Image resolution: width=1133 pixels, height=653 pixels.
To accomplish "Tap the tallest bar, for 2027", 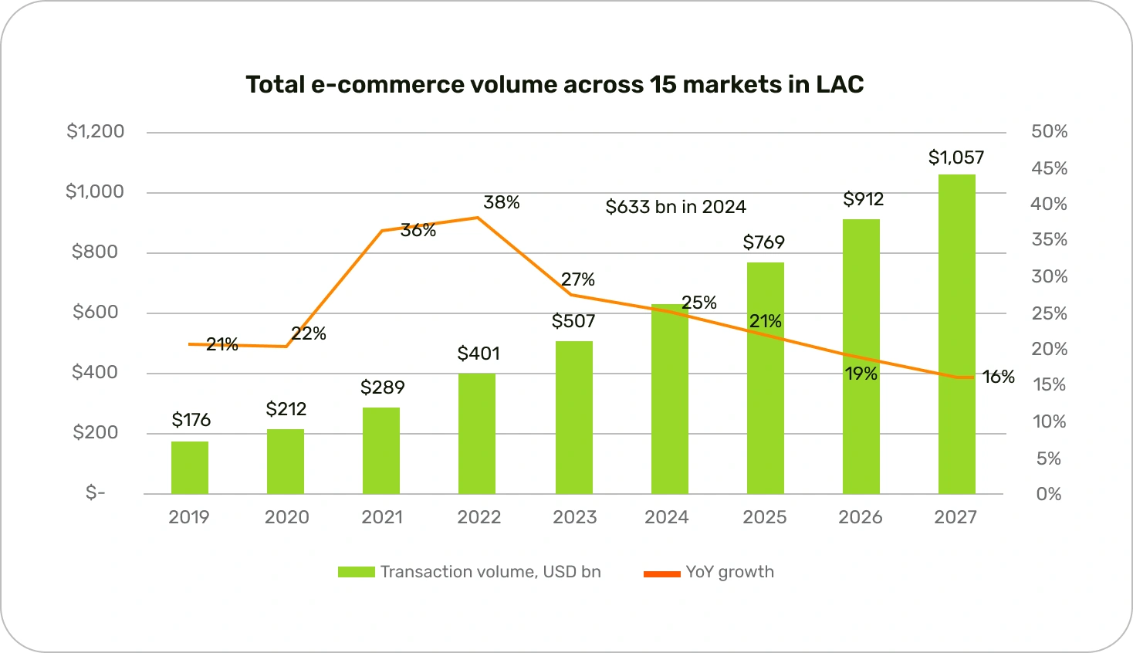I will coord(956,333).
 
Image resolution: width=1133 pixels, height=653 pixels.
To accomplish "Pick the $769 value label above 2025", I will coord(763,242).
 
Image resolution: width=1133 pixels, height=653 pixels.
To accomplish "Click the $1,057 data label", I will coord(955,157).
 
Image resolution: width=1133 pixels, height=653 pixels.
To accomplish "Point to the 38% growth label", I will coord(502,202).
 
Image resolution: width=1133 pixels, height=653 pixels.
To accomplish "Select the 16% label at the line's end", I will coord(998,377).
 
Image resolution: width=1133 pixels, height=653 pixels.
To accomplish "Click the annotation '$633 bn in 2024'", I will coord(675,207).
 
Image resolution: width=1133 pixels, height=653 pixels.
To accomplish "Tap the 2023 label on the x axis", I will coord(574,517).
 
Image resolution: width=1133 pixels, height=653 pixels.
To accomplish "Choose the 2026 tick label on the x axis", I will coord(860,517).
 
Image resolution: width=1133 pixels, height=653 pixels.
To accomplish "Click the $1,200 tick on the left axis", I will coord(95,131).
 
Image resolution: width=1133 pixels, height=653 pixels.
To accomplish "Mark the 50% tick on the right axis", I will coord(1049,131).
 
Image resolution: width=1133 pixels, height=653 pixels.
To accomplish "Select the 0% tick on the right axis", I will coord(1049,494).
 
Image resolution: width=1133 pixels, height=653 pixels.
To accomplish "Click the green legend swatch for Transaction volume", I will coord(356,572).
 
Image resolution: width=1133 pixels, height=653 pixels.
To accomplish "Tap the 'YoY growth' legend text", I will coord(729,572).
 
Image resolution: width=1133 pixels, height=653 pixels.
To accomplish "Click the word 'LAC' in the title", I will coord(840,84).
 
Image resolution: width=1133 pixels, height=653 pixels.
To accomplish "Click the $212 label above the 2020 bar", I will coord(286,409).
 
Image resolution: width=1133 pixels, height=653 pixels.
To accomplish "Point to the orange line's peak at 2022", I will coord(477,218).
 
